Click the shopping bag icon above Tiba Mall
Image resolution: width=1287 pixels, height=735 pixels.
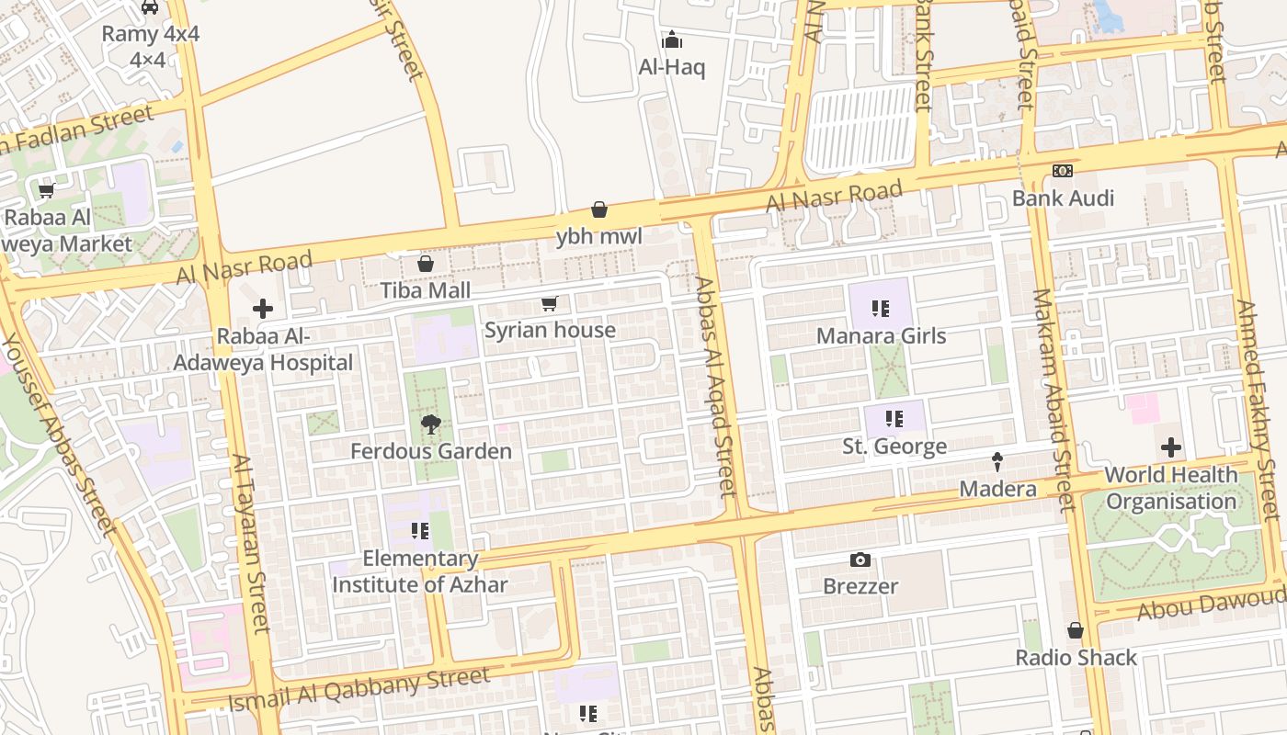click(426, 265)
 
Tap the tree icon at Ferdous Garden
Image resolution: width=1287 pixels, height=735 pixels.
click(430, 424)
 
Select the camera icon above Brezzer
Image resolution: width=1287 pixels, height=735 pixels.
click(860, 560)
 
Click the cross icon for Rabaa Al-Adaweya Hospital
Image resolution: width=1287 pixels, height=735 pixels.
click(263, 309)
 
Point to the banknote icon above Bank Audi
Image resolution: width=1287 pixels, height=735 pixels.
click(1063, 171)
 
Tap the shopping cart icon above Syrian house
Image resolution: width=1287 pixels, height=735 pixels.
click(550, 303)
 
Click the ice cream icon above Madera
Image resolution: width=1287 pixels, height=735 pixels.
click(997, 461)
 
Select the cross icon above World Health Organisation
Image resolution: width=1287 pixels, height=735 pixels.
click(1171, 447)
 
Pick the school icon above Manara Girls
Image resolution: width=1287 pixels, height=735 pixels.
click(881, 309)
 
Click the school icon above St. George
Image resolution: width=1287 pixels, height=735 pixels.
click(894, 420)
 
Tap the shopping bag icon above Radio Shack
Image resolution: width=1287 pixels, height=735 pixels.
click(1076, 631)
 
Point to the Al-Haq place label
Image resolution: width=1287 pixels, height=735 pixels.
click(672, 67)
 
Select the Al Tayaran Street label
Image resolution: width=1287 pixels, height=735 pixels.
click(249, 543)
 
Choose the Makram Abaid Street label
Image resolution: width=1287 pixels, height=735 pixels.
click(1053, 400)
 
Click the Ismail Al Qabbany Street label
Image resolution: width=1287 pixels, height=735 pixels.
click(358, 691)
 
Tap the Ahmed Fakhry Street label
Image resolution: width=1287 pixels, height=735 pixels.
click(1259, 409)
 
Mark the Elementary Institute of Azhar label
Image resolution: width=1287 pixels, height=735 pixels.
click(420, 571)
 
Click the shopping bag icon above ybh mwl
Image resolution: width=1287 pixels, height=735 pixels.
click(599, 209)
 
